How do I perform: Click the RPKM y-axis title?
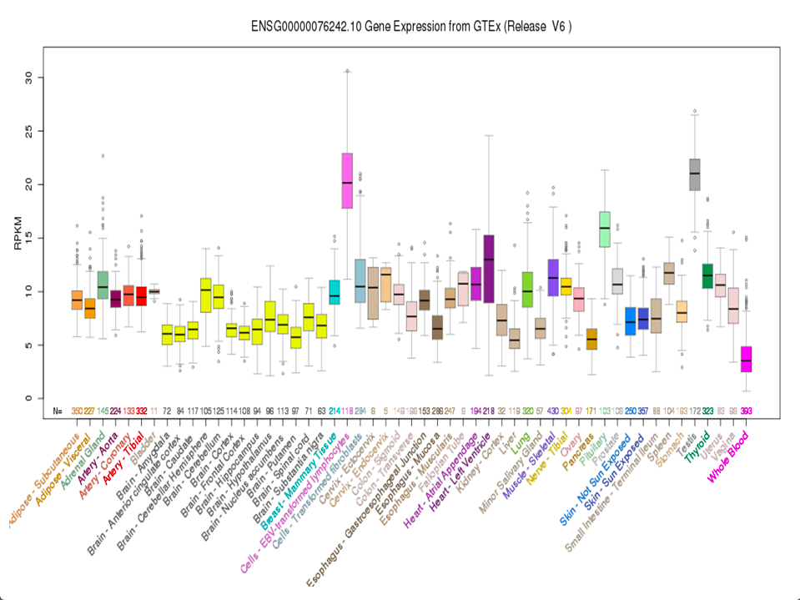(x=18, y=237)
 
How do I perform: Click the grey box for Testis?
(x=694, y=174)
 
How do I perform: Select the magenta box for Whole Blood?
(x=747, y=359)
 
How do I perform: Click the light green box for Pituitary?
(x=605, y=229)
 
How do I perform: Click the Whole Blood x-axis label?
(x=728, y=455)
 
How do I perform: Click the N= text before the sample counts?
(x=58, y=411)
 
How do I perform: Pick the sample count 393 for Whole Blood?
(x=747, y=411)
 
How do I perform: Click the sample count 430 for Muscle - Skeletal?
(x=553, y=411)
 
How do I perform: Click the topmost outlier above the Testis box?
(x=694, y=111)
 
